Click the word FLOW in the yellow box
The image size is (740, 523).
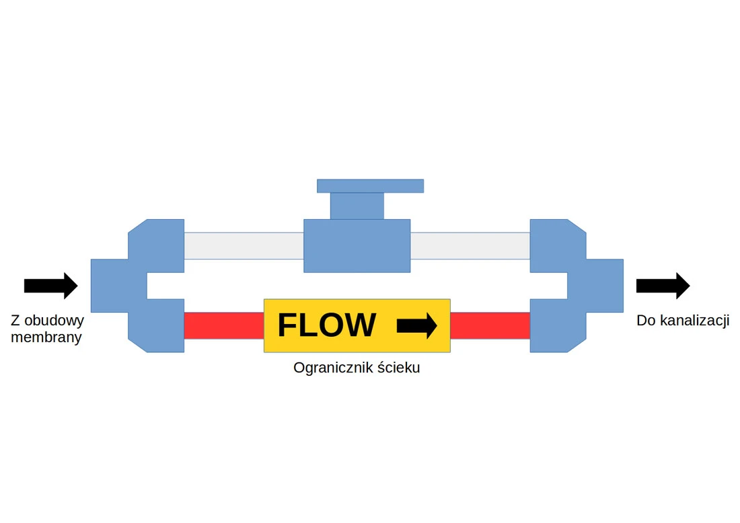326,325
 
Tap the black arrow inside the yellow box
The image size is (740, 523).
417,326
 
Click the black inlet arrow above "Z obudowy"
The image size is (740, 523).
50,286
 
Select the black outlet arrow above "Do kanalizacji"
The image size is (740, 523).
663,286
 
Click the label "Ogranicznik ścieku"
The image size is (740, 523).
357,368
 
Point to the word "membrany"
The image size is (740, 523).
46,337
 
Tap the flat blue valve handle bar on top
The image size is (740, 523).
370,186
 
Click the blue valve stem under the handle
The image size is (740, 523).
357,206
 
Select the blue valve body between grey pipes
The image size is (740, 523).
357,245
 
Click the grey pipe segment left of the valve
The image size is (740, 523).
244,245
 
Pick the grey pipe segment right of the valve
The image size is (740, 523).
470,245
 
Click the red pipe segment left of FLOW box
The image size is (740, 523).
223,325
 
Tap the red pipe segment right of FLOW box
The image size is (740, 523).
490,325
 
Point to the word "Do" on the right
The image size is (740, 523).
646,321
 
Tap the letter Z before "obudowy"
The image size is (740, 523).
15,321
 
